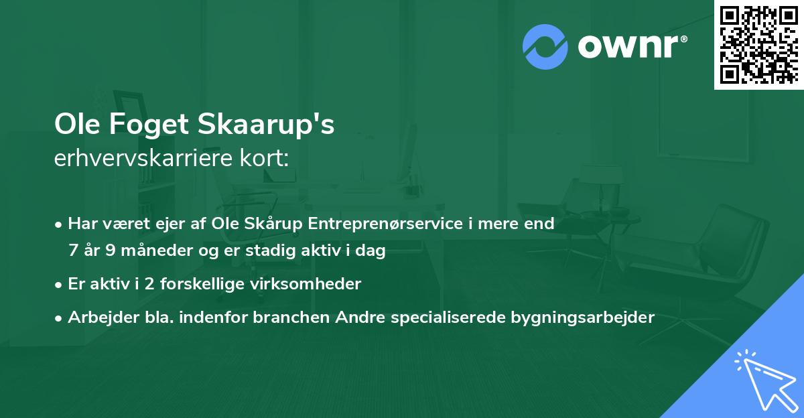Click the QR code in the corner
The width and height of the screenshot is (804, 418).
758,44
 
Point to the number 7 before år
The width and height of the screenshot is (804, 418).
73,251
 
